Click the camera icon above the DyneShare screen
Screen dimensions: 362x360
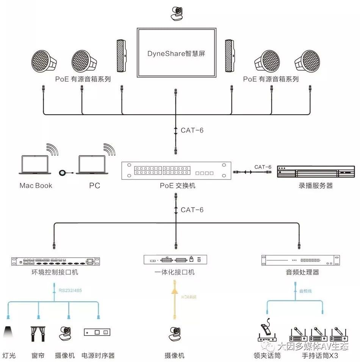pos(177,14)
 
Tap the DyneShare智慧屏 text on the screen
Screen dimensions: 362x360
pos(176,54)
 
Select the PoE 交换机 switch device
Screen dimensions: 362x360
pos(176,170)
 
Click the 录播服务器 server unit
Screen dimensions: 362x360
pos(316,172)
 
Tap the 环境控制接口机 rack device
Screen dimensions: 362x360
pos(55,261)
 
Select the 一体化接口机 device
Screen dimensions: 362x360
pos(175,260)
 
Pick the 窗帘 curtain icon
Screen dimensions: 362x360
pos(38,333)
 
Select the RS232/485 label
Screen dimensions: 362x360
pos(70,290)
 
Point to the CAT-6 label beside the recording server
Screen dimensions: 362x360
pos(263,167)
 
